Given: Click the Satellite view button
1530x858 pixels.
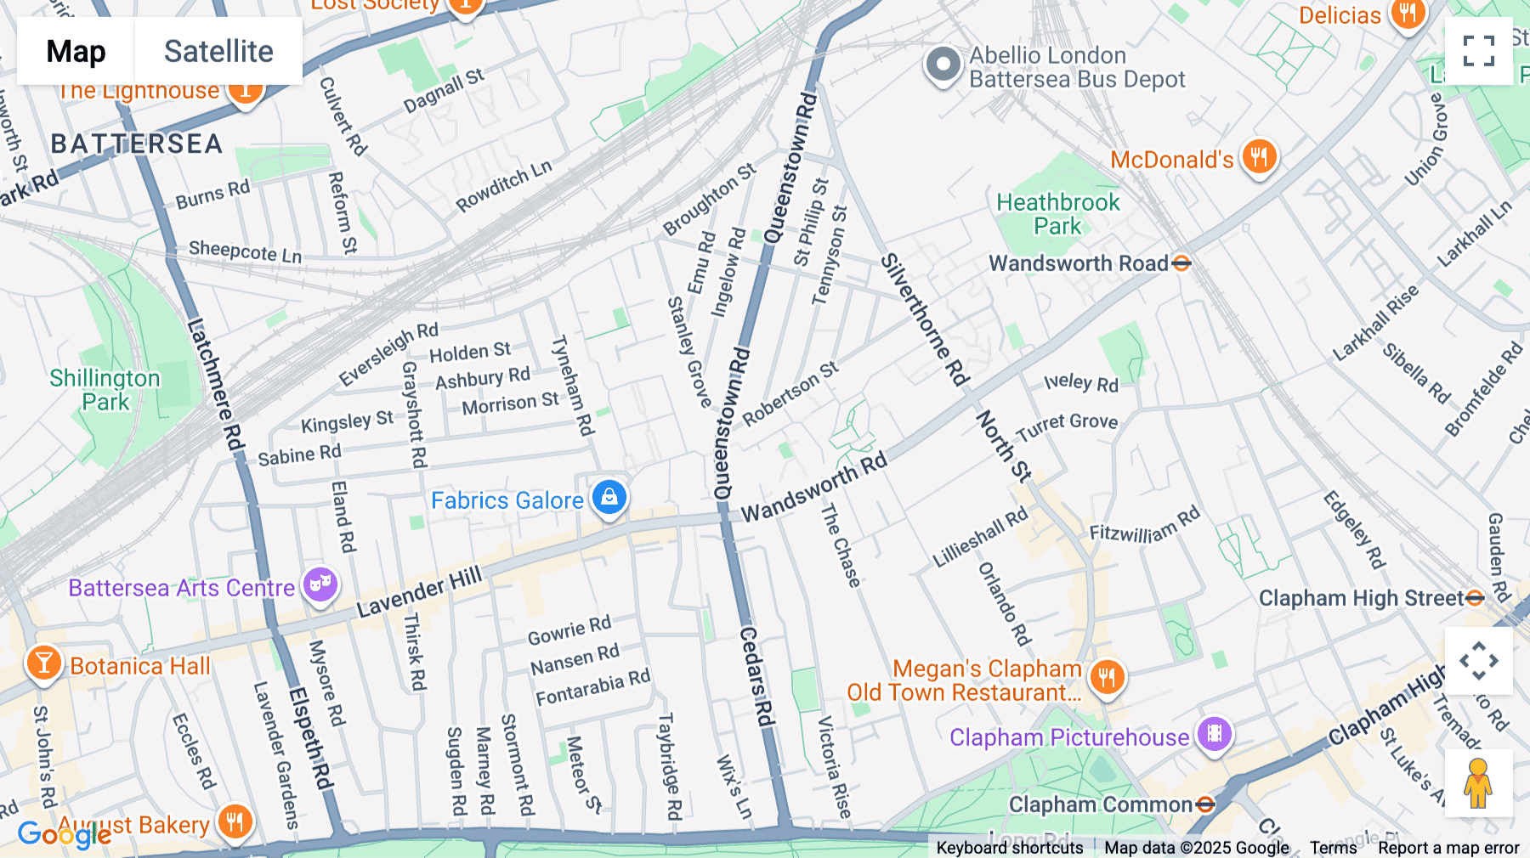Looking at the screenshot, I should pos(218,51).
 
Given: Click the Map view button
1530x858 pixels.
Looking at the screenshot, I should pos(76,51).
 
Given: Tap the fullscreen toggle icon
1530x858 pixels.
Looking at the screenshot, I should pos(1478,51).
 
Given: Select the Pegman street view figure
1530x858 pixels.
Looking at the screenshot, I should pos(1478,783).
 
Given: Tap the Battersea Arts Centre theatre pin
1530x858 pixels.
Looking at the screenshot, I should pos(320,585).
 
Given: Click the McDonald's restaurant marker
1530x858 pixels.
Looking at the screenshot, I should pos(1259,157).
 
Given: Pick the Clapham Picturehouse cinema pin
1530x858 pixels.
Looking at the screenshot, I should pos(1215,734).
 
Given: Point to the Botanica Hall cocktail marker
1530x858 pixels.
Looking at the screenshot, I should pos(43,663).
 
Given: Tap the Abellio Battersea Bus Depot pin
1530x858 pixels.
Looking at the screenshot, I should pos(943,65).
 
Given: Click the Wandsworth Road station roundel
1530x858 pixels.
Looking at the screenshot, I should pos(1181,263).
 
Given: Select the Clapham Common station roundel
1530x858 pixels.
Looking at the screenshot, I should pos(1205,804).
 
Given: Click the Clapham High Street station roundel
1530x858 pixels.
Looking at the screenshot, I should pos(1475,598).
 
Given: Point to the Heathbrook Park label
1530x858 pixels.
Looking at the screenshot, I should pos(1058,214).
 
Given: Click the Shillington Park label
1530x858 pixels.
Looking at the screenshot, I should pos(105,390).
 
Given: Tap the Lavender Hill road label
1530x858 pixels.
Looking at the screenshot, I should pos(419,592).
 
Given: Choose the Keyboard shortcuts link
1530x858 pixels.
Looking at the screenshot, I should pos(1010,848).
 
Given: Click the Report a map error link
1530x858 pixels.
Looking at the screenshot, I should pos(1448,848).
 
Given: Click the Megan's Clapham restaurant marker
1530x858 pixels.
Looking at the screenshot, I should pos(1107,678).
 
